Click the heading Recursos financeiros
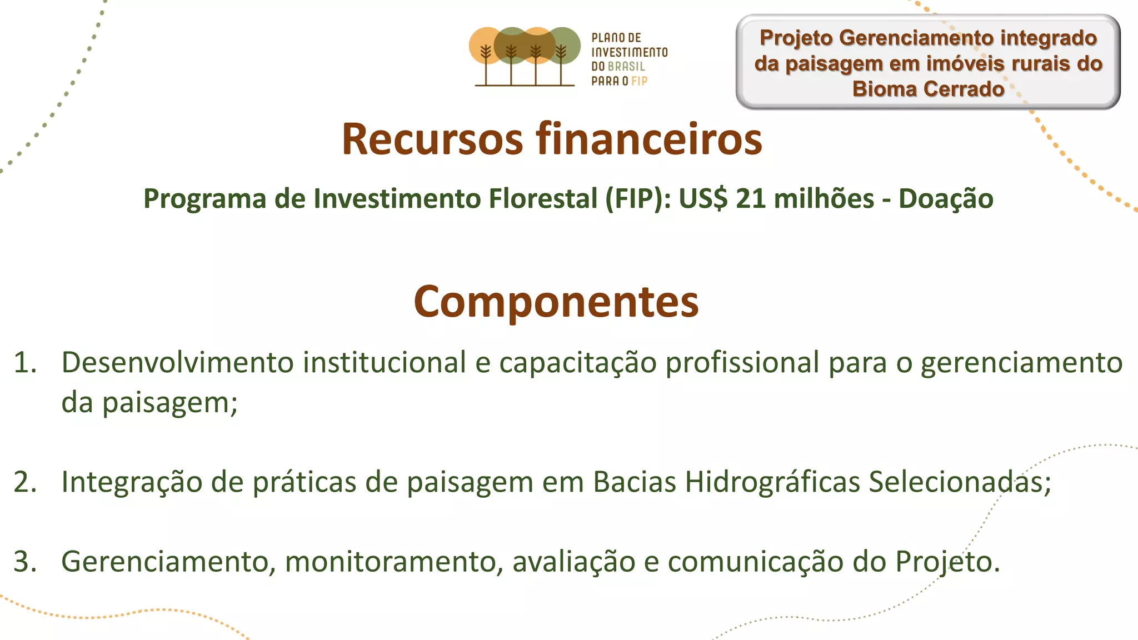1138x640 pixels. tap(551, 139)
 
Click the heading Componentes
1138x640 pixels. tap(556, 302)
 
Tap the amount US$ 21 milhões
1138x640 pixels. tap(776, 198)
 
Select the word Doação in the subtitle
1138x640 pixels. tap(946, 198)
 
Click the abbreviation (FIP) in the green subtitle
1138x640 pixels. tap(638, 198)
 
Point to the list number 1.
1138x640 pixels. tap(25, 363)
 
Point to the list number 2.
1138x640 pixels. tap(25, 482)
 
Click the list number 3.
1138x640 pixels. tap(25, 561)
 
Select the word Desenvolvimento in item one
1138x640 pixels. tap(177, 363)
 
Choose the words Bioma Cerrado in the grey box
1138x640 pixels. tap(928, 89)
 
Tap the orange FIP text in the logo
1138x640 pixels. tap(639, 81)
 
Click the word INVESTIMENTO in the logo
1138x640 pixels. tap(629, 52)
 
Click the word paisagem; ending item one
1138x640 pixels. tap(170, 403)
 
